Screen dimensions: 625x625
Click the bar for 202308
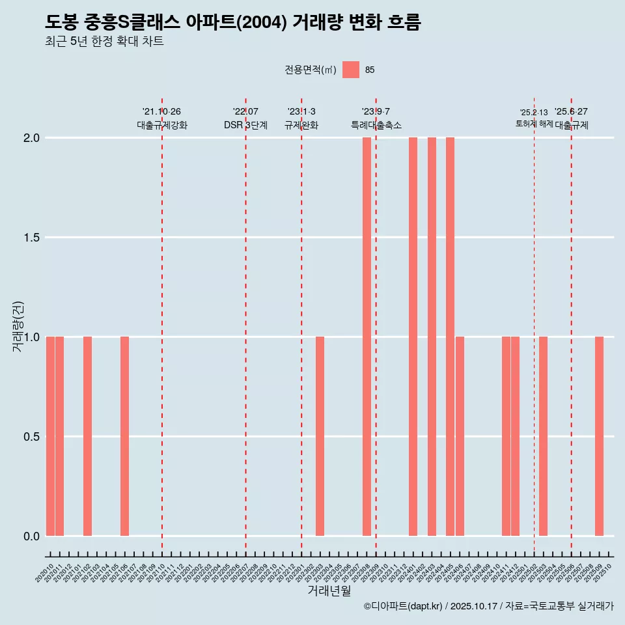coord(367,337)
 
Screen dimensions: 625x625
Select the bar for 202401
coord(413,337)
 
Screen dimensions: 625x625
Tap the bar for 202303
coord(320,436)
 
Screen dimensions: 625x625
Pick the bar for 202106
coord(124,436)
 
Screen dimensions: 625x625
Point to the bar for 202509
coord(599,436)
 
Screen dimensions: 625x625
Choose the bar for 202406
coord(460,436)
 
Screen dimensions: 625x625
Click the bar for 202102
coord(87,436)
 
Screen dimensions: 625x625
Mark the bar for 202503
coord(543,436)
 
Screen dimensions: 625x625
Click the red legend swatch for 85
coord(351,70)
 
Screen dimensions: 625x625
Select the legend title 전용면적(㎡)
coord(311,70)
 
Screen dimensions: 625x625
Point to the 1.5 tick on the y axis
coord(31,238)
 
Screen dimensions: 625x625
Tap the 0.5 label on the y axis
coord(31,437)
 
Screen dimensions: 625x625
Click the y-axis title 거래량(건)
coord(18,327)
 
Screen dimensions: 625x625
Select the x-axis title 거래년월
coord(329,591)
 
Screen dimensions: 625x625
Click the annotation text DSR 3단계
coord(245,125)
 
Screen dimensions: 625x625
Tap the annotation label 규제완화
coord(301,125)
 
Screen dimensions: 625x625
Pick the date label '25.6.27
coord(571,112)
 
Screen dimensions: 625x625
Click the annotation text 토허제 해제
coord(534,124)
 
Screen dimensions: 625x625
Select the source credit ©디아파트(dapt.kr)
coord(404,607)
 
